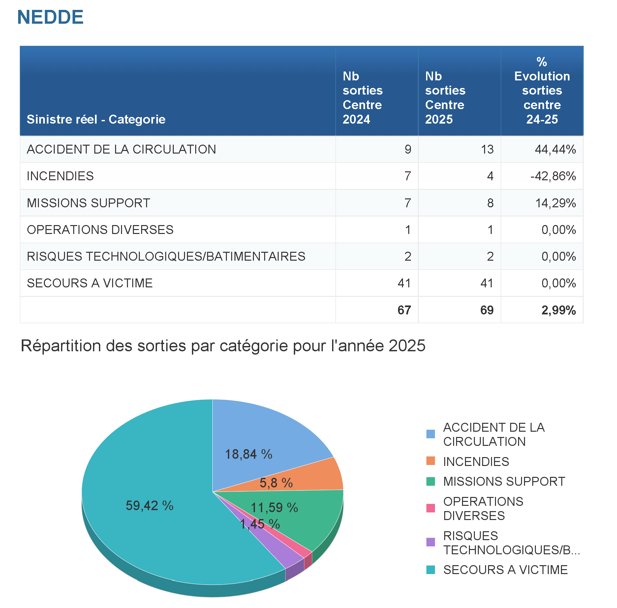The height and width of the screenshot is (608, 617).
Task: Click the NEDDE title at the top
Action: click(x=50, y=17)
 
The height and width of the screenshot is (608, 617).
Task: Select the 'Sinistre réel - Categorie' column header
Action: click(x=96, y=119)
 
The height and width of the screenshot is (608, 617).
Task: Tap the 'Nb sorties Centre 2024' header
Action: click(x=362, y=98)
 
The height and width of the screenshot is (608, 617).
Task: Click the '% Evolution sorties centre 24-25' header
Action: click(x=542, y=91)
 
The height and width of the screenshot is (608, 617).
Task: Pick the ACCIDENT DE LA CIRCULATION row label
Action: click(x=121, y=149)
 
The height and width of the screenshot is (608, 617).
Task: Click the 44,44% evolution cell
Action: click(x=555, y=149)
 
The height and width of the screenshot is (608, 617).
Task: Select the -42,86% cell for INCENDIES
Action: click(x=553, y=176)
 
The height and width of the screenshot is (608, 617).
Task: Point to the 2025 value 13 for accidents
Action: click(x=487, y=149)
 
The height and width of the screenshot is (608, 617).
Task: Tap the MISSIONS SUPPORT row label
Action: click(x=88, y=203)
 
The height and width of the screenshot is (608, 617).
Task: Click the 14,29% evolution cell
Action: click(x=555, y=203)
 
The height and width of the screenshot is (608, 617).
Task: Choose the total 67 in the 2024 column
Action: click(x=404, y=310)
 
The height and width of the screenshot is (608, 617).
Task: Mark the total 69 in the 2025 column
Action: click(x=487, y=310)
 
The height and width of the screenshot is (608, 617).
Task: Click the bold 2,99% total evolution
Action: click(x=558, y=310)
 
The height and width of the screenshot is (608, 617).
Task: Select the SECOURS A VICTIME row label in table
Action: click(x=90, y=283)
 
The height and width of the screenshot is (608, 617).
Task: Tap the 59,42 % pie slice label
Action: click(x=149, y=506)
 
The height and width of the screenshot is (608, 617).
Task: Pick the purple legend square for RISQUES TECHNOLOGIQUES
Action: click(x=430, y=542)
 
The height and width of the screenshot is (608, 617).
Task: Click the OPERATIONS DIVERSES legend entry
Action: click(x=483, y=508)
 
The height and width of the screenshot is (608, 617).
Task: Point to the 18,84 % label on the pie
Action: click(x=248, y=454)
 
